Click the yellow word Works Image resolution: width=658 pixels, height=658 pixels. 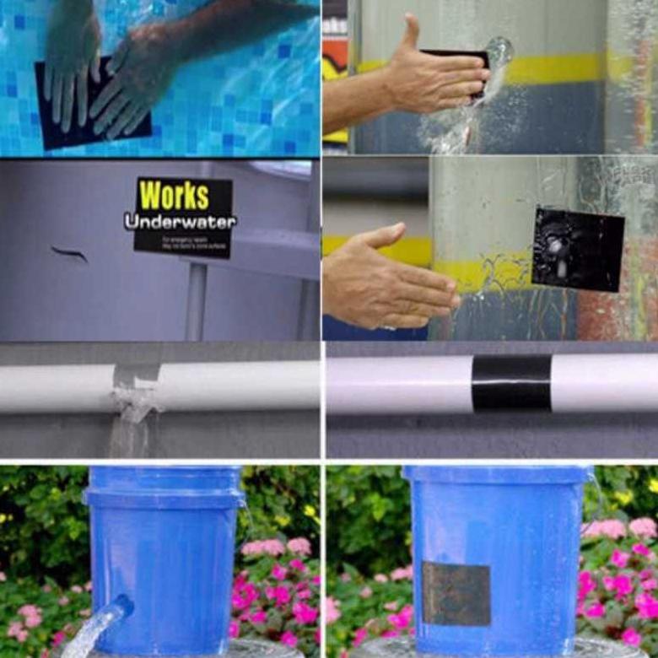point(174,196)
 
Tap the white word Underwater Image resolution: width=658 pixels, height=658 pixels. point(180,222)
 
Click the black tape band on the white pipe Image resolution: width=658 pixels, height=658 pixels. point(511,382)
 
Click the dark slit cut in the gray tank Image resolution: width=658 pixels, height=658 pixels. point(69,253)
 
